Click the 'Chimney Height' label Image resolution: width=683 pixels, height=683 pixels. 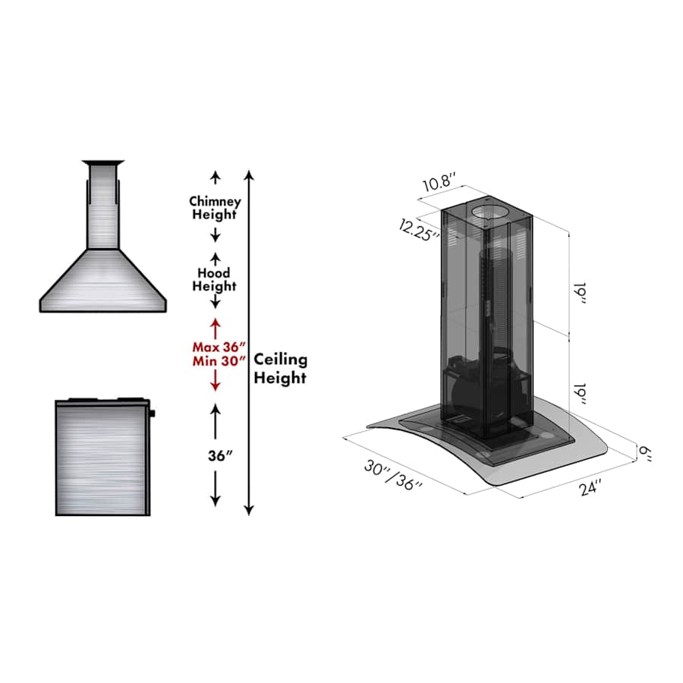pyautogui.click(x=215, y=208)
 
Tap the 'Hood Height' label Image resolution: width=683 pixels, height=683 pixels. pyautogui.click(x=215, y=279)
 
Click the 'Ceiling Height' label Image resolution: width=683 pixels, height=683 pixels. pyautogui.click(x=280, y=368)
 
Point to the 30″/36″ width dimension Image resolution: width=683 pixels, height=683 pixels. pyautogui.click(x=392, y=476)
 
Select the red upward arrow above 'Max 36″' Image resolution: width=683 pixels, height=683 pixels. pyautogui.click(x=215, y=327)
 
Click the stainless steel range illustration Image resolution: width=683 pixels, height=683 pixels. pyautogui.click(x=102, y=458)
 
